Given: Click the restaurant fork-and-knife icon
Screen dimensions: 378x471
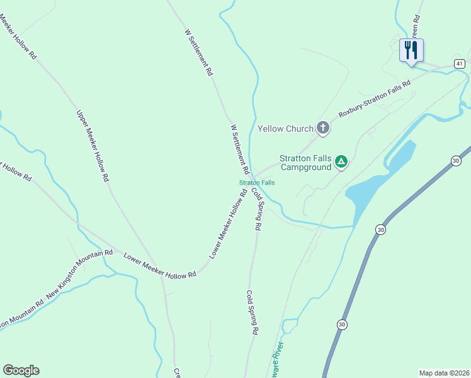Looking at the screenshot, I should point(411,49).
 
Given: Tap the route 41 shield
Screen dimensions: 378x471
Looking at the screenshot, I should point(460,64).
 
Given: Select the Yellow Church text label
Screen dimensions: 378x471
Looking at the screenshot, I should point(285,129).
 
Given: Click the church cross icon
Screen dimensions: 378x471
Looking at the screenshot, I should point(322,129).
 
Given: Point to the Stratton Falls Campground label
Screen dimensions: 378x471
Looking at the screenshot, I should point(305,163).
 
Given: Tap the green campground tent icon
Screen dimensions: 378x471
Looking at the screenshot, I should point(341,162).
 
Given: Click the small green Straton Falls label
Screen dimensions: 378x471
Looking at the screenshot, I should point(257,183).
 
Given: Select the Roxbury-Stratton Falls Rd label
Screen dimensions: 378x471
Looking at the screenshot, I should point(374,99).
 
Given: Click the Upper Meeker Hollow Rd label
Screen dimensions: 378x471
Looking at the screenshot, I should point(93,146).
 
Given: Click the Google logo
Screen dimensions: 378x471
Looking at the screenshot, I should point(21,370).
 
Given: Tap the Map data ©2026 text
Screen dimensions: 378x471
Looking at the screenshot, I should point(444,373).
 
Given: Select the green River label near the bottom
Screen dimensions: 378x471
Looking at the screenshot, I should point(275,363).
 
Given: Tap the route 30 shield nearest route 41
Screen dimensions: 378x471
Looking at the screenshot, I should point(456,161).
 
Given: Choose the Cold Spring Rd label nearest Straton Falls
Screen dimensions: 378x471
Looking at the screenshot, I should point(256,209).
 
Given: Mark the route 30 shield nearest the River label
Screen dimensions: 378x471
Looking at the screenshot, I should point(341,324).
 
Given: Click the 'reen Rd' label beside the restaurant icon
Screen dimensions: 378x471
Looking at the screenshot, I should point(415,25).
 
